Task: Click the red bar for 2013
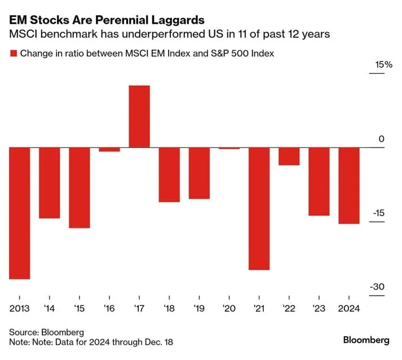pyautogui.click(x=19, y=213)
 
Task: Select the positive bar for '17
pyautogui.click(x=139, y=116)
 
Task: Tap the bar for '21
pyautogui.click(x=259, y=208)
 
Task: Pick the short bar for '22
pyautogui.click(x=289, y=156)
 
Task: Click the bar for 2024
pyautogui.click(x=348, y=185)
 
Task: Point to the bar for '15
pyautogui.click(x=79, y=187)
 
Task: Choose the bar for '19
pyautogui.click(x=199, y=173)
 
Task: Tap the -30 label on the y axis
pyautogui.click(x=377, y=287)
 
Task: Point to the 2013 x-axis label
pyautogui.click(x=19, y=309)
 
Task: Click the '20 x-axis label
pyautogui.click(x=229, y=309)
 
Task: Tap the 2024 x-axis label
pyautogui.click(x=348, y=309)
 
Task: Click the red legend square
pyautogui.click(x=13, y=54)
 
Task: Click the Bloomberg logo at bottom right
pyautogui.click(x=366, y=340)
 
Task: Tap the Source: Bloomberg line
pyautogui.click(x=46, y=332)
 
